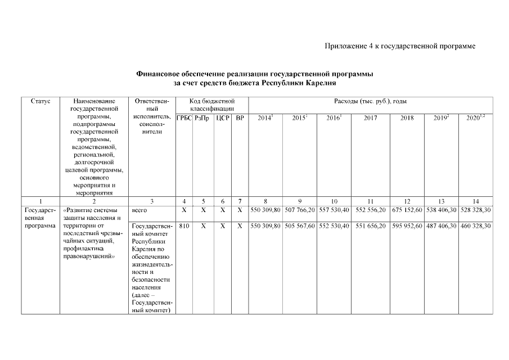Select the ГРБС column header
coord(184,118)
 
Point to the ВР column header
coord(240,118)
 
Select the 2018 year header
coord(406,118)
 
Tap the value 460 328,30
coord(475,226)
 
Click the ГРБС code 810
coord(184,226)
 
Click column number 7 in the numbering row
coord(240,201)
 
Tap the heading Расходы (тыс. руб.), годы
coord(371,101)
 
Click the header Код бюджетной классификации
coord(211,105)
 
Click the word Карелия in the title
coord(321,83)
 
